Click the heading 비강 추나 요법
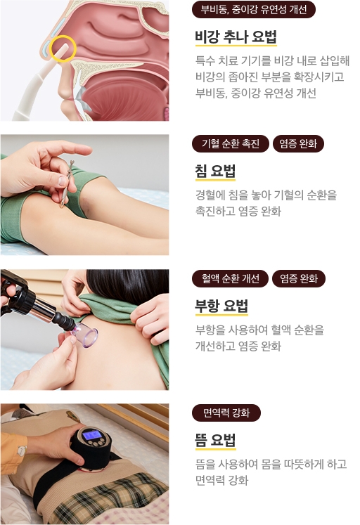(236, 37)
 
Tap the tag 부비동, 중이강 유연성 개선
(254, 9)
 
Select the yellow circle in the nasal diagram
(63, 48)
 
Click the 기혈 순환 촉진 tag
(231, 143)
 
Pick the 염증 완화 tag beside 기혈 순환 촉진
(298, 143)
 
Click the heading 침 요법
(215, 171)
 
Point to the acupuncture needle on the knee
(67, 183)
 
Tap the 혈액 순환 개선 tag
(231, 278)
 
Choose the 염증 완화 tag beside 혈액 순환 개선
(299, 278)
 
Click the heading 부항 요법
(221, 306)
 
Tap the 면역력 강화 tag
(226, 413)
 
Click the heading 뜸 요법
(215, 440)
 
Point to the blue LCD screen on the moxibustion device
(92, 435)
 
